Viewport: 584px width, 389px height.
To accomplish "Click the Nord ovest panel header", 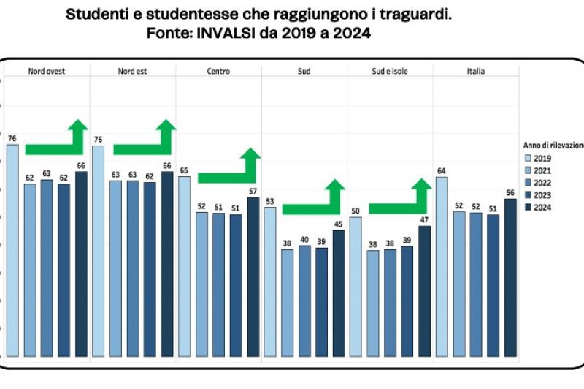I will (47, 71).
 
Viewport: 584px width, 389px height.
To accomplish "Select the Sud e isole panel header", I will (389, 71).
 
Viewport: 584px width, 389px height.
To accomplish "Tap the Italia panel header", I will (476, 71).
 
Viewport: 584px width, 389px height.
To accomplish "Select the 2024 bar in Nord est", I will (167, 264).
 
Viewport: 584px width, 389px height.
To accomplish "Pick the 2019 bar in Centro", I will (184, 266).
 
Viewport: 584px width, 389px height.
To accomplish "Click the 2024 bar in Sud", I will (339, 293).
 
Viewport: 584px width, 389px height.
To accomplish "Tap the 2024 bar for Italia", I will (510, 277).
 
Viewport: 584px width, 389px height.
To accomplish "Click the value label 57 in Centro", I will (253, 192).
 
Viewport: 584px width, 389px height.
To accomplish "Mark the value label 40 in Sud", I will (304, 240).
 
